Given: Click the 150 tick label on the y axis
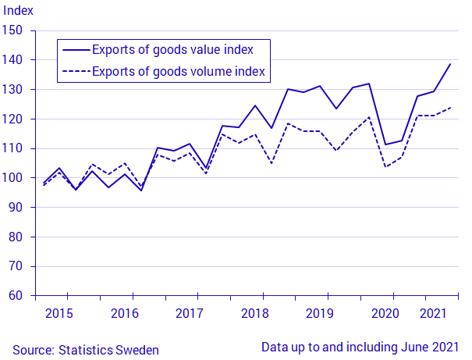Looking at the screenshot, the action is (x=12, y=30).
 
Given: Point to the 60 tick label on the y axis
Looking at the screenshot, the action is (x=16, y=295).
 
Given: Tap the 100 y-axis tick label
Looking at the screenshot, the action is (x=12, y=177).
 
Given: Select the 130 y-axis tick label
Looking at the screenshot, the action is (x=12, y=90).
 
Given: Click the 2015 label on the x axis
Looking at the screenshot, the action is (x=59, y=313).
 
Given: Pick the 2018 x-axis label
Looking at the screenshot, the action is (x=254, y=313).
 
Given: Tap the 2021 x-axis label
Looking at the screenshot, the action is (x=433, y=313).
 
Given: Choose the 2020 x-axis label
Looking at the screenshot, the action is (x=385, y=313).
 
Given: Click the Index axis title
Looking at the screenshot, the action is (x=18, y=11).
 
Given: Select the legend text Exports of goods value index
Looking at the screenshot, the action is (x=172, y=50).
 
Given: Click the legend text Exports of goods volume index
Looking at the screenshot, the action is (x=179, y=72).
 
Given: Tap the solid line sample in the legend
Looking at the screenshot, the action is (x=76, y=50).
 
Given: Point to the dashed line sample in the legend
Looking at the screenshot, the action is (x=76, y=71).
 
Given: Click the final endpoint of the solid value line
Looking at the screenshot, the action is (x=450, y=64).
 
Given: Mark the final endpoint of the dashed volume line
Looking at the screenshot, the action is (x=450, y=108).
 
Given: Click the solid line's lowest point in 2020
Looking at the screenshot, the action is (x=385, y=144).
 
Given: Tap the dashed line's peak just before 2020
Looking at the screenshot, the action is (x=369, y=117).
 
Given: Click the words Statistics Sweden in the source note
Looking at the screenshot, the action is (x=108, y=350).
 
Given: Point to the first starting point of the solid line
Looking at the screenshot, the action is (x=44, y=183).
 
